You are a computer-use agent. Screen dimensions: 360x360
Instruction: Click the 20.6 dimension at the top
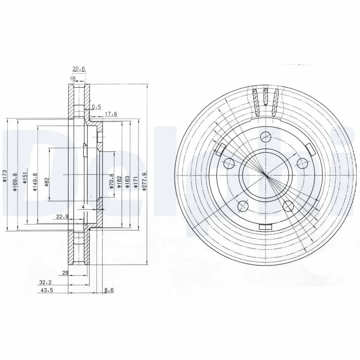tap(79, 69)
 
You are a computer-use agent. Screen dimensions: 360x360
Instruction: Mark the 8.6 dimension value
tap(109, 290)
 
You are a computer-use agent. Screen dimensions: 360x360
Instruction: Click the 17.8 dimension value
tap(111, 114)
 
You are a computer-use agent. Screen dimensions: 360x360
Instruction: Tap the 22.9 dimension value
tap(62, 216)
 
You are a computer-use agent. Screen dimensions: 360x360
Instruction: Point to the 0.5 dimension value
tap(96, 107)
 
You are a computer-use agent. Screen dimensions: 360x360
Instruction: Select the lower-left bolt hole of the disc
tap(243, 206)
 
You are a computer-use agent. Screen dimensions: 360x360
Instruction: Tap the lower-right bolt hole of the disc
tap(288, 206)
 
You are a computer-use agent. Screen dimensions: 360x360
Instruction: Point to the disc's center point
tap(266, 175)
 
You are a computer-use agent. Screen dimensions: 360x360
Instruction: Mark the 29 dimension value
tap(65, 273)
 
